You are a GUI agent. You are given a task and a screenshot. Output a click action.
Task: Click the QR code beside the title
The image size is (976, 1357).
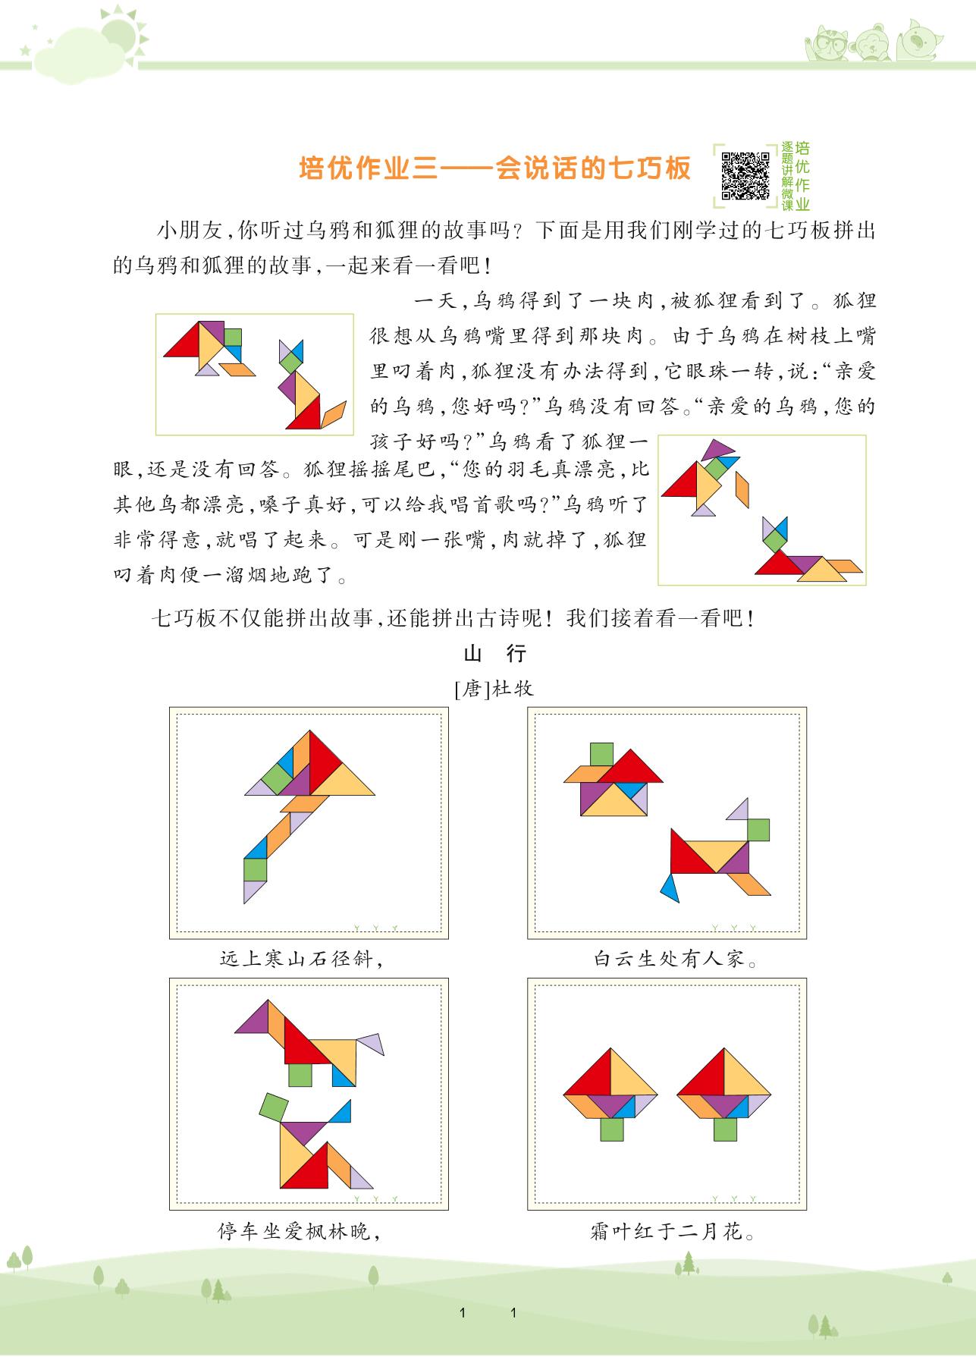coord(745,176)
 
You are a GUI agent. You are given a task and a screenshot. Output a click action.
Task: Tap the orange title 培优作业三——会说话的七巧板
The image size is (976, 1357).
coord(495,168)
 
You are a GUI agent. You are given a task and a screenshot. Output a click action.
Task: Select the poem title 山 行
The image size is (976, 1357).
coord(494,654)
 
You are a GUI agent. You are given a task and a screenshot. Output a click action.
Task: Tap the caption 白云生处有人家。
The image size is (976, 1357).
coord(676,959)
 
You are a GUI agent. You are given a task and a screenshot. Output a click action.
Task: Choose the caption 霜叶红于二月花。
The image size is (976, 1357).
coord(674,1230)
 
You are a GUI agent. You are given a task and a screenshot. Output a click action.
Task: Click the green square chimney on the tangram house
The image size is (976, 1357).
coord(601,755)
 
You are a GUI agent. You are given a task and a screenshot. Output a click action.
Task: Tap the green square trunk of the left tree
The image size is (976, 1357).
coord(613,1129)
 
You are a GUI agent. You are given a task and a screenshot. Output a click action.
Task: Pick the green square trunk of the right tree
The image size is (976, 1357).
coord(725,1129)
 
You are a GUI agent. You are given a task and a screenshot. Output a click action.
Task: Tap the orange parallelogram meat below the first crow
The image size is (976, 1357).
coord(237,369)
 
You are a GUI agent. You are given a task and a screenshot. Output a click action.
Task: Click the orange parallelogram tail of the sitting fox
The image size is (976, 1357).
coord(334,414)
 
